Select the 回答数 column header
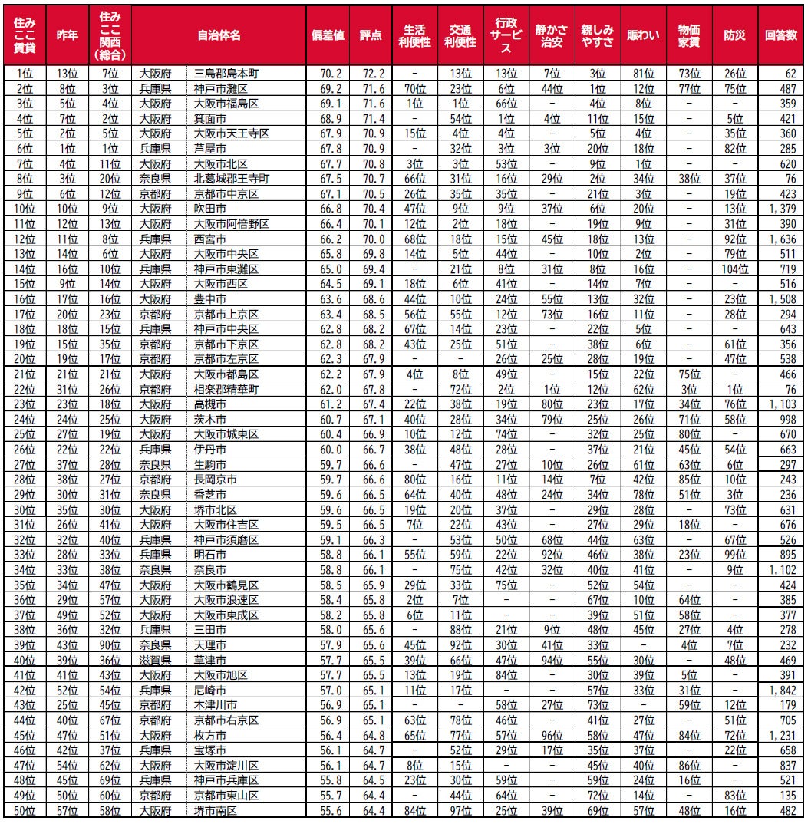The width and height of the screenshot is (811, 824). point(781,36)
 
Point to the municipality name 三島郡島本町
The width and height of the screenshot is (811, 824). point(226,74)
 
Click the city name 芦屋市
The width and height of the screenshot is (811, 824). point(210,148)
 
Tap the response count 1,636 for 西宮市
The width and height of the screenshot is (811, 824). point(783,238)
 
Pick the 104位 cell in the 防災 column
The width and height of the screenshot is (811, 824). point(735,269)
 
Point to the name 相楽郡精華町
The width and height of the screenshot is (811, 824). point(226,390)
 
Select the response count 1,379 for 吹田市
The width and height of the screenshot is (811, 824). point(783,209)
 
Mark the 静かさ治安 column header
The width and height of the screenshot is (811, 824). point(551,36)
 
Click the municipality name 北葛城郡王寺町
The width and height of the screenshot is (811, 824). point(231,179)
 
